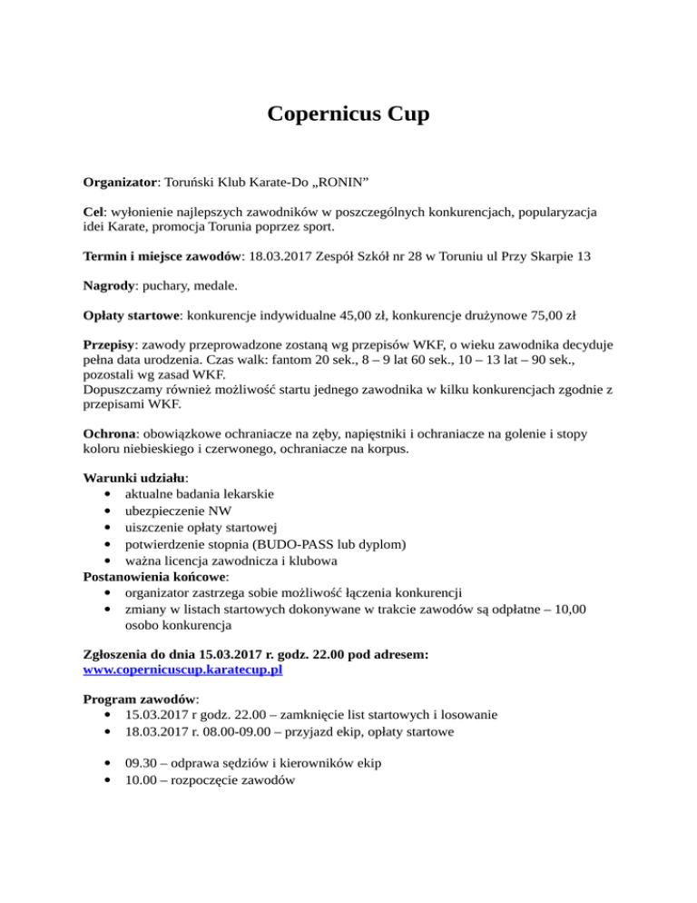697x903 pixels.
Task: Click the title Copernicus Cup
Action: tap(348, 115)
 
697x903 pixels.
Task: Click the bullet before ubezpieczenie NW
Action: tap(110, 510)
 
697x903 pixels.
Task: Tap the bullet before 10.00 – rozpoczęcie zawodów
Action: tap(110, 782)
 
